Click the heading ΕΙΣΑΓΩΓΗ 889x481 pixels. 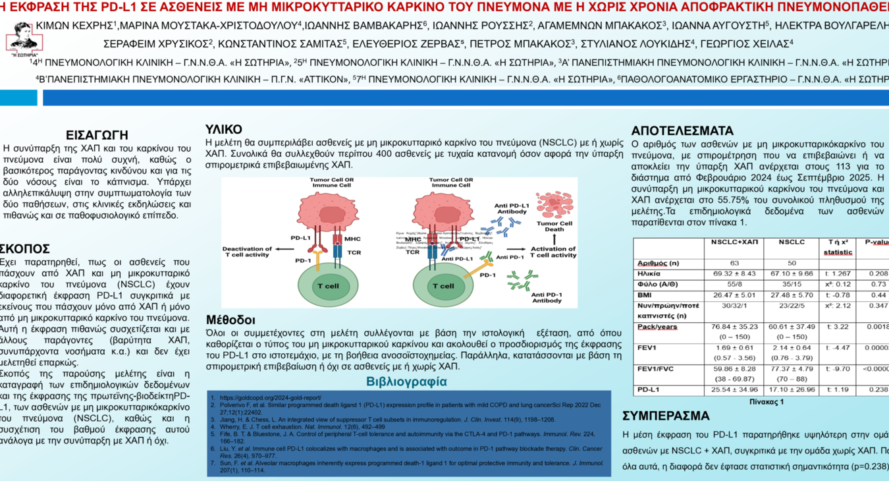tap(97, 135)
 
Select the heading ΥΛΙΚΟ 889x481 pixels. tap(224, 129)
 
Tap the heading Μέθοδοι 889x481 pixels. tap(230, 320)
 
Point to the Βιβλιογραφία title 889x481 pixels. tap(406, 382)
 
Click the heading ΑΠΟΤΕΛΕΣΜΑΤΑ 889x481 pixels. tap(682, 130)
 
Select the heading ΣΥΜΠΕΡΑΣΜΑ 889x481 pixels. tap(666, 416)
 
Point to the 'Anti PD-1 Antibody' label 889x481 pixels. tap(547, 297)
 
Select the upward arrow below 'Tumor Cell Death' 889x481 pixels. tap(554, 241)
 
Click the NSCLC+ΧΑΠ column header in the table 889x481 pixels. tap(734, 242)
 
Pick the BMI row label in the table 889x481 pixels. tap(645, 295)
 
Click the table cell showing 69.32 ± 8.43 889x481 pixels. tap(734, 273)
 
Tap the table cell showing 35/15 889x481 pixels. tap(792, 285)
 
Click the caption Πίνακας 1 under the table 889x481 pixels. tap(767, 401)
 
